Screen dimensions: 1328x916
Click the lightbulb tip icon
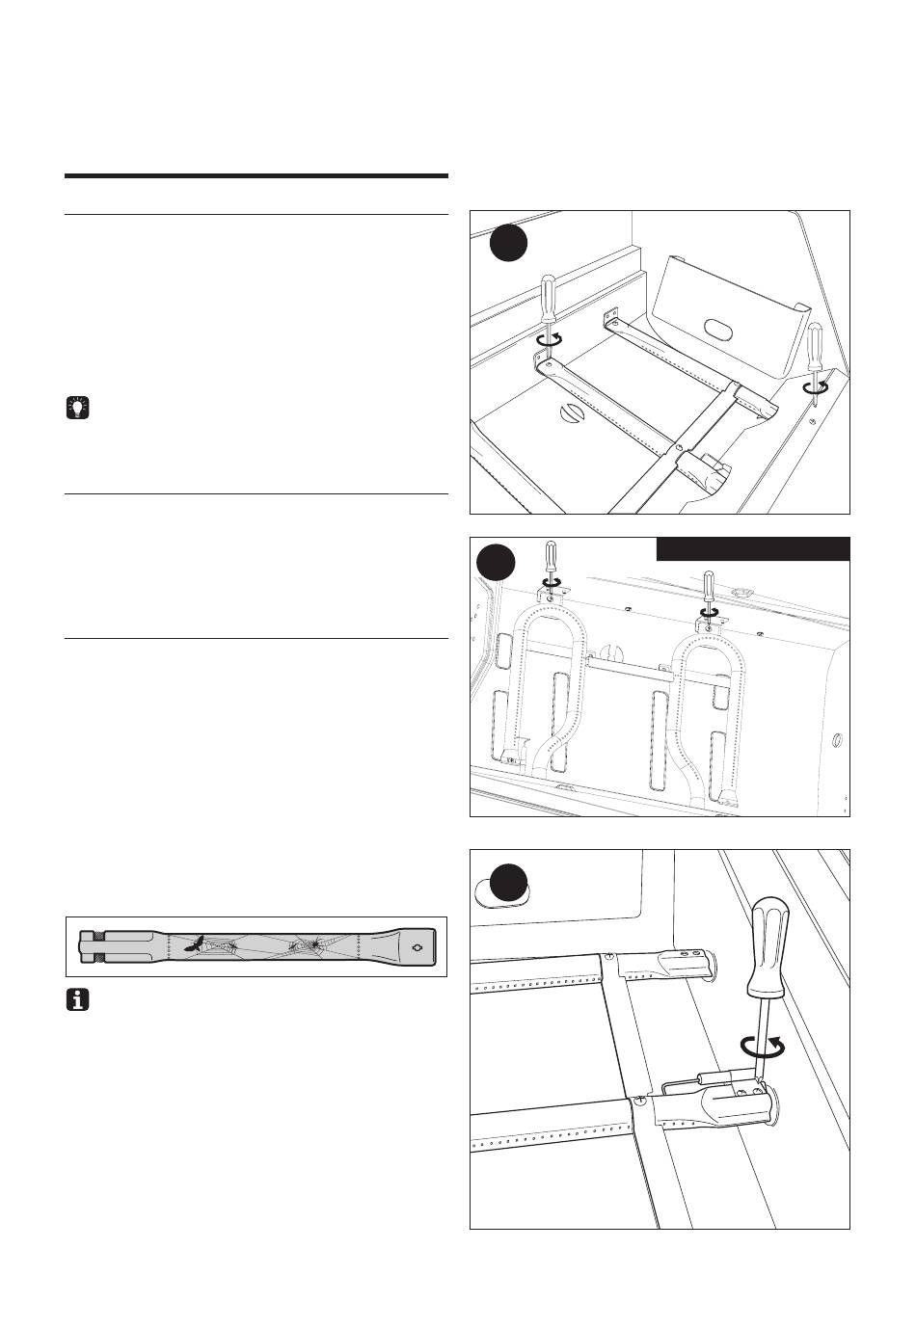[x=76, y=409]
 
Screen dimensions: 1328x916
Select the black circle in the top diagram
[x=508, y=243]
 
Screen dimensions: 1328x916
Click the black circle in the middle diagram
[x=497, y=562]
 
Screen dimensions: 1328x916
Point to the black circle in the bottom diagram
[x=507, y=885]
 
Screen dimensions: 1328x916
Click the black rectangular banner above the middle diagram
[x=753, y=548]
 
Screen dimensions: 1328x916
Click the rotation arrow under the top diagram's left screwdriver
[x=551, y=338]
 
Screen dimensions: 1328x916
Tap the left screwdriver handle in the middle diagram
[x=550, y=556]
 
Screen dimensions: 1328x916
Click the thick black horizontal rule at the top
[x=256, y=176]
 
